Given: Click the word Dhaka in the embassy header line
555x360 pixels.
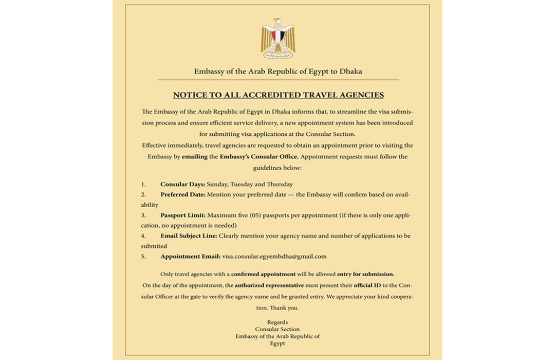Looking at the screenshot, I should (351, 71).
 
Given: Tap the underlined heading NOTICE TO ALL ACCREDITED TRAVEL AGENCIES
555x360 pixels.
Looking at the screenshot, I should (278, 95).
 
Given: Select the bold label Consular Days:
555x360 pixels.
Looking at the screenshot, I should (183, 184).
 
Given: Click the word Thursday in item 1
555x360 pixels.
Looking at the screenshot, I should (280, 184).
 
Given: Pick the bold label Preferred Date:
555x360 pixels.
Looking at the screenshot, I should (183, 194).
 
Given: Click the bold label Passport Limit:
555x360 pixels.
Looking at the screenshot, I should (183, 215).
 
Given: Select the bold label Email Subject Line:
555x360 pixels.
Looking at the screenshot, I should (189, 236).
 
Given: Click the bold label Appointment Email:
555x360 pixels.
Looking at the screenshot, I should (190, 256).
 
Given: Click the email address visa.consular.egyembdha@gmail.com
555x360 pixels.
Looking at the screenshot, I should (274, 256).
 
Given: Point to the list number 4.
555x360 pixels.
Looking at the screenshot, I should (143, 236).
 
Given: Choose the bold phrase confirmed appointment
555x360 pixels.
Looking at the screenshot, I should (263, 274).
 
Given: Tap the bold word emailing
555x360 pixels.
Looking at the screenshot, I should (194, 156).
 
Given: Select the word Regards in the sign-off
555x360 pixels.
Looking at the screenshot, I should (277, 322).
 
